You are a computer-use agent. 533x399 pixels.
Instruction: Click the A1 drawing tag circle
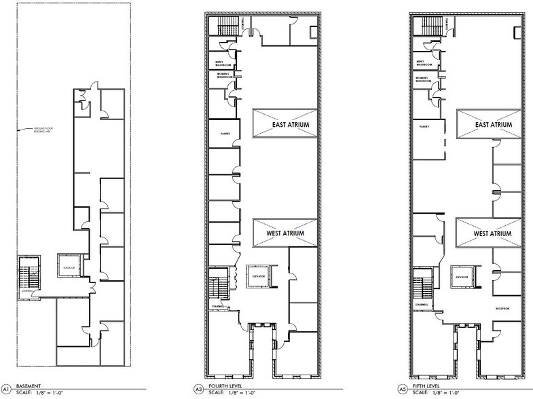coord(6,389)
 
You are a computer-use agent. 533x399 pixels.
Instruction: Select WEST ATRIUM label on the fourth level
coord(285,233)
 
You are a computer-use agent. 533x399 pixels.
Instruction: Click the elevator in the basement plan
coord(69,266)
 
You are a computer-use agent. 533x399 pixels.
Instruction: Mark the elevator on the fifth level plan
coord(463,278)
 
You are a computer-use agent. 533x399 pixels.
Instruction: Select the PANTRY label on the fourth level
coord(225,133)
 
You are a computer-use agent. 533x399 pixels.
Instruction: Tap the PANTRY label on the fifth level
coord(425,126)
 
